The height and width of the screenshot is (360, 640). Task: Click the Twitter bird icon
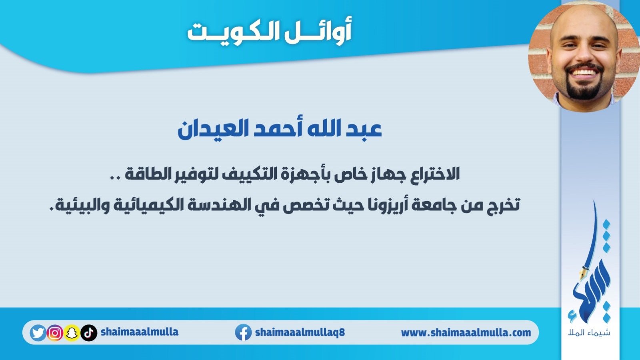[x=38, y=333]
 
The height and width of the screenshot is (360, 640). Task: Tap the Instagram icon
[x=54, y=333]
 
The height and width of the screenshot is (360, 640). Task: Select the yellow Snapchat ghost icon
[x=72, y=333]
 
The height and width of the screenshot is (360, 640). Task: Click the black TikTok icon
[x=89, y=333]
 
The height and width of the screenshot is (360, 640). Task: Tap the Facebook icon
[x=243, y=332]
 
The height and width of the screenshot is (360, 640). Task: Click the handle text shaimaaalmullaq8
[x=300, y=332]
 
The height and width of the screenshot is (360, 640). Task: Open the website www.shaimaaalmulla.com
[x=466, y=332]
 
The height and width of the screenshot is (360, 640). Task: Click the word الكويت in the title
[x=234, y=32]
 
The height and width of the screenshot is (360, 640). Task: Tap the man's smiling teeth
[x=584, y=72]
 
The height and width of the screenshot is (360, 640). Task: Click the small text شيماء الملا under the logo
[x=589, y=333]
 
